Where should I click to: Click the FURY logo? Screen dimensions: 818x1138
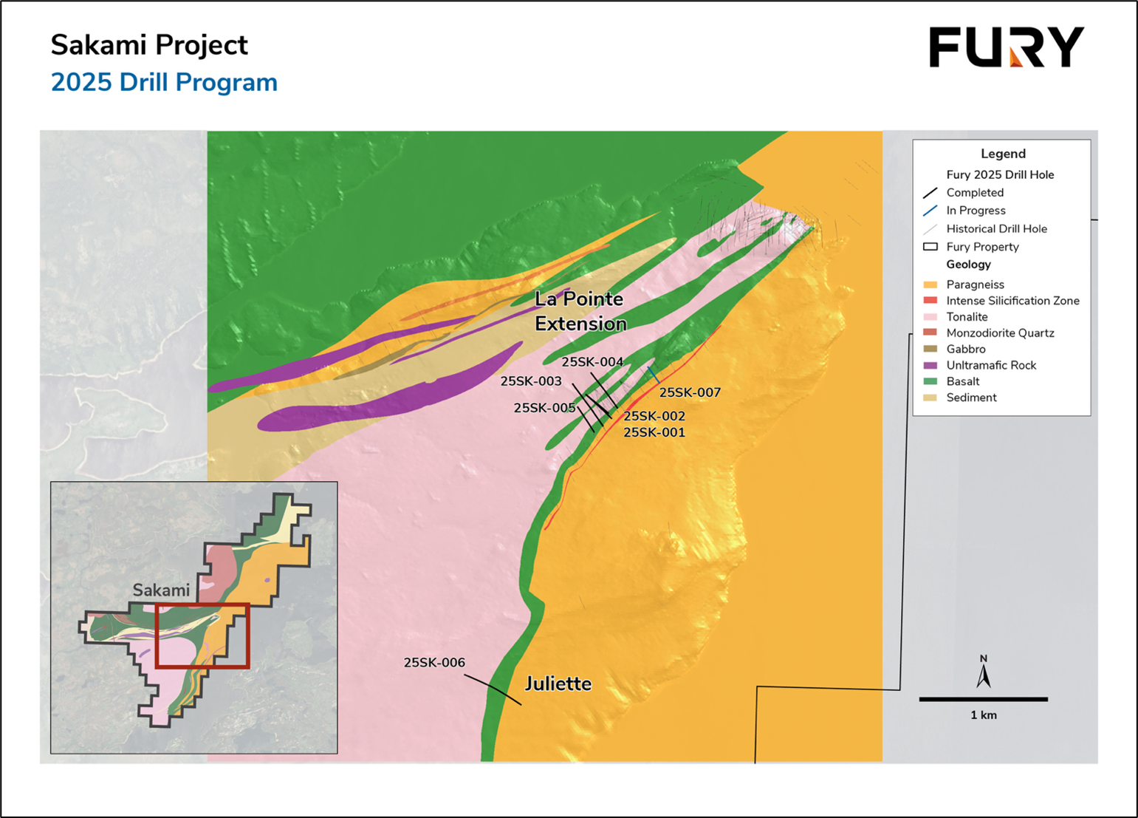1006,47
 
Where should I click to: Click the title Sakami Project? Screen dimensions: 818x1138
149,45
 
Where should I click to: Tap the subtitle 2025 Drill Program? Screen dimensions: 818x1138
164,83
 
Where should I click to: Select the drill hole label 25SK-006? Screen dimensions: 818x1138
434,663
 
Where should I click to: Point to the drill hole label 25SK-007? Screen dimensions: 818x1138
690,392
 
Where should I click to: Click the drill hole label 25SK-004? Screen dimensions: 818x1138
592,362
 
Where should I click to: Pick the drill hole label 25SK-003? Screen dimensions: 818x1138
531,381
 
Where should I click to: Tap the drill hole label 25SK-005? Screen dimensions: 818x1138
544,408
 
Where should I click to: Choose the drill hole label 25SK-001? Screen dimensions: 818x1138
654,432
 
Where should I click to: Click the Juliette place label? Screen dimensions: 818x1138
558,684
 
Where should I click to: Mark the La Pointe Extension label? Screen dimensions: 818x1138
580,311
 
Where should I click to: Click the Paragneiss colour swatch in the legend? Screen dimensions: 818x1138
930,284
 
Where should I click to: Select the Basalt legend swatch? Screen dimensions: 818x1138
930,381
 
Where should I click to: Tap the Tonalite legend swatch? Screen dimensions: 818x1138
930,317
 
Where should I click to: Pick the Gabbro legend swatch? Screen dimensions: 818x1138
930,349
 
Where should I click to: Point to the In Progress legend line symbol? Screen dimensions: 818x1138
930,211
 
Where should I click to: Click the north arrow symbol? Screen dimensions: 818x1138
984,674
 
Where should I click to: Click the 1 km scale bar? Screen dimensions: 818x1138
983,699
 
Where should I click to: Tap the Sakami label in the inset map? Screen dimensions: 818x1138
161,590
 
